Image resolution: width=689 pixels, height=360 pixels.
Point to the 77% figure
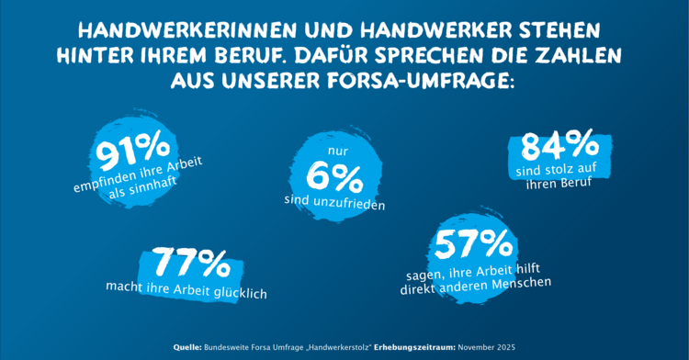pyautogui.click(x=190, y=264)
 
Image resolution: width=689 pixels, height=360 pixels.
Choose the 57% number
pyautogui.click(x=473, y=245)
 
